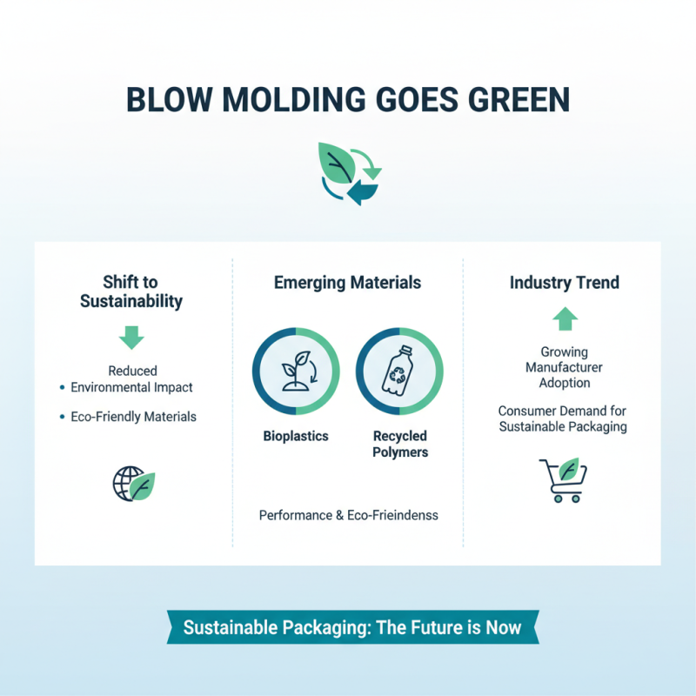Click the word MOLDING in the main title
pos(280,98)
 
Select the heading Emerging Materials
pos(347,283)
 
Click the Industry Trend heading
pos(565,283)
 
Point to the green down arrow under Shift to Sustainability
pos(131,337)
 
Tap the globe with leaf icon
pos(133,483)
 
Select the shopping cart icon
pos(563,479)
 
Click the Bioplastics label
pos(296,436)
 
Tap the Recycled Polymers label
pos(400,444)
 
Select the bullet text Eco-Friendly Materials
pos(133,417)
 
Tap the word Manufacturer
pos(565,367)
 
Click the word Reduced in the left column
pos(132,371)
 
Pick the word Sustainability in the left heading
pos(131,302)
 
